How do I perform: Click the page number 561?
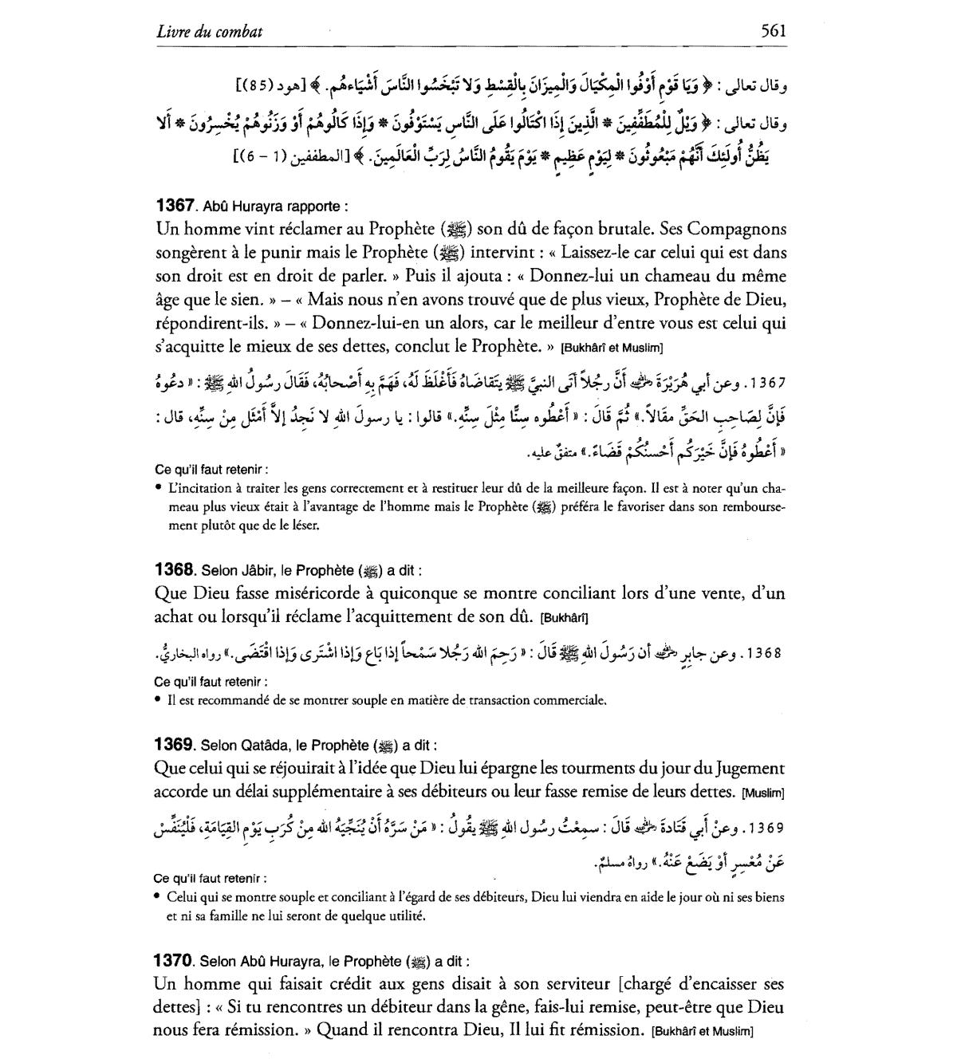click(774, 31)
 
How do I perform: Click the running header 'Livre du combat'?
click(210, 32)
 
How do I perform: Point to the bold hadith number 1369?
click(175, 745)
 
